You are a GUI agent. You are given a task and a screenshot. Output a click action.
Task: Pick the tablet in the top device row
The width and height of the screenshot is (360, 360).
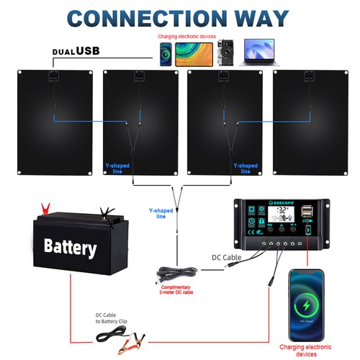point(190,53)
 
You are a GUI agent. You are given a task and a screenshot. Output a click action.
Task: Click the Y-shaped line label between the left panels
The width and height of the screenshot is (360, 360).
point(119,168)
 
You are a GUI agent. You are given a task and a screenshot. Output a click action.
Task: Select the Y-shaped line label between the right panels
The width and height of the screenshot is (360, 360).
point(246,168)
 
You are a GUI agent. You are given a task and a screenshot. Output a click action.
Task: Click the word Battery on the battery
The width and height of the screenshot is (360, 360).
point(70,249)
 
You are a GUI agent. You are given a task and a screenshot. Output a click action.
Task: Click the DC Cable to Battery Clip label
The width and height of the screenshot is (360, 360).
point(116,318)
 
